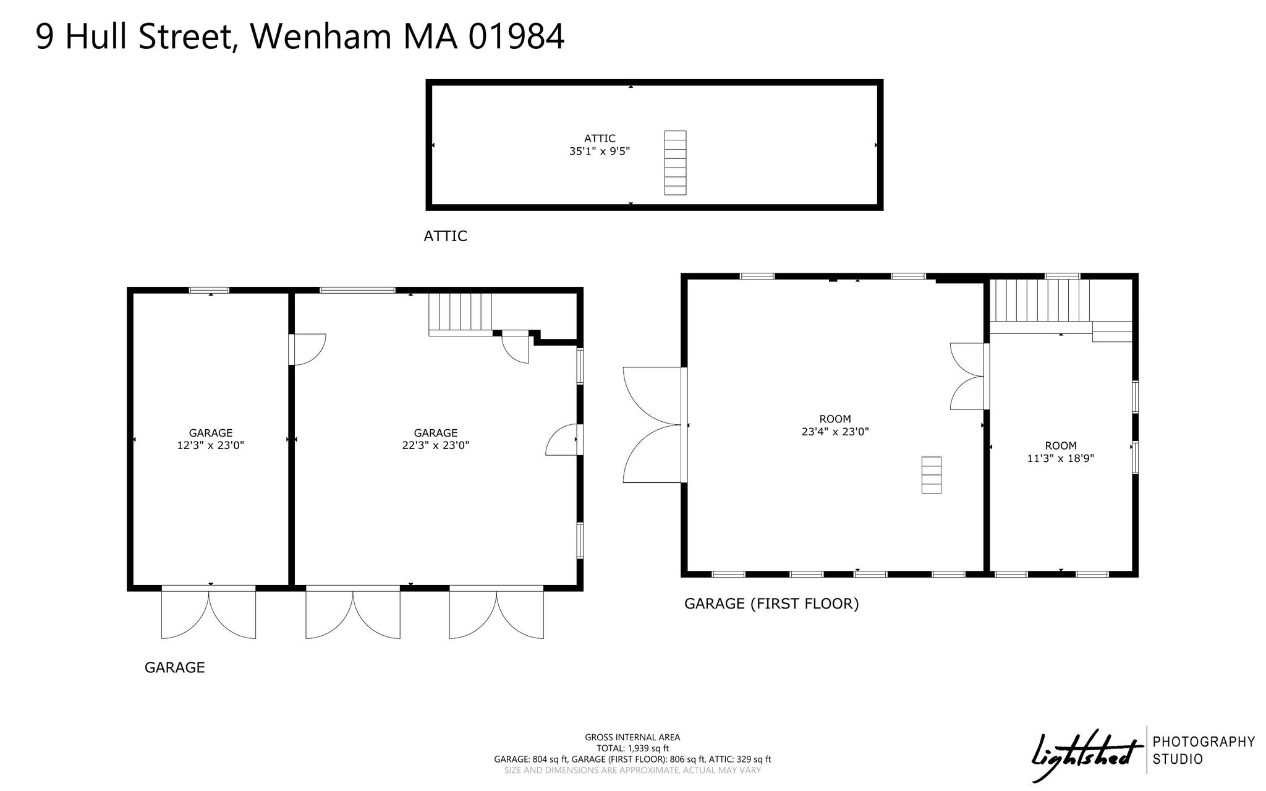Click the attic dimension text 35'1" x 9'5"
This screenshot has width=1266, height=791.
(x=599, y=151)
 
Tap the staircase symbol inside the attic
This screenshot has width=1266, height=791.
(x=675, y=163)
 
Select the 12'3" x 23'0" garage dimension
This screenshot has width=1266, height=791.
(x=210, y=445)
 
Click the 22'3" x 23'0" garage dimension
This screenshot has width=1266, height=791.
(x=435, y=445)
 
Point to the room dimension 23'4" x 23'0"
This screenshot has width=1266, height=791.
(x=835, y=432)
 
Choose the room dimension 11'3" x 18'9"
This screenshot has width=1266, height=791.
(x=1060, y=458)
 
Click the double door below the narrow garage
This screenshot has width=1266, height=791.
(x=208, y=612)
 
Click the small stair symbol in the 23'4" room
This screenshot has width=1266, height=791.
(x=931, y=475)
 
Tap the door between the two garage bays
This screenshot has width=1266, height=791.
(x=307, y=349)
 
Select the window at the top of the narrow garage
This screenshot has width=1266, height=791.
(x=209, y=290)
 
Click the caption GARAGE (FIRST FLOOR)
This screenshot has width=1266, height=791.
(x=771, y=604)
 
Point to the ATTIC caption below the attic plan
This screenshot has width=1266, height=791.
(x=445, y=236)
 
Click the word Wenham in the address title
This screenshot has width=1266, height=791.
(x=320, y=36)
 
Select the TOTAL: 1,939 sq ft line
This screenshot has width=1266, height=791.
(x=632, y=748)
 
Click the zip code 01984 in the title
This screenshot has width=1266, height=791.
(x=517, y=36)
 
